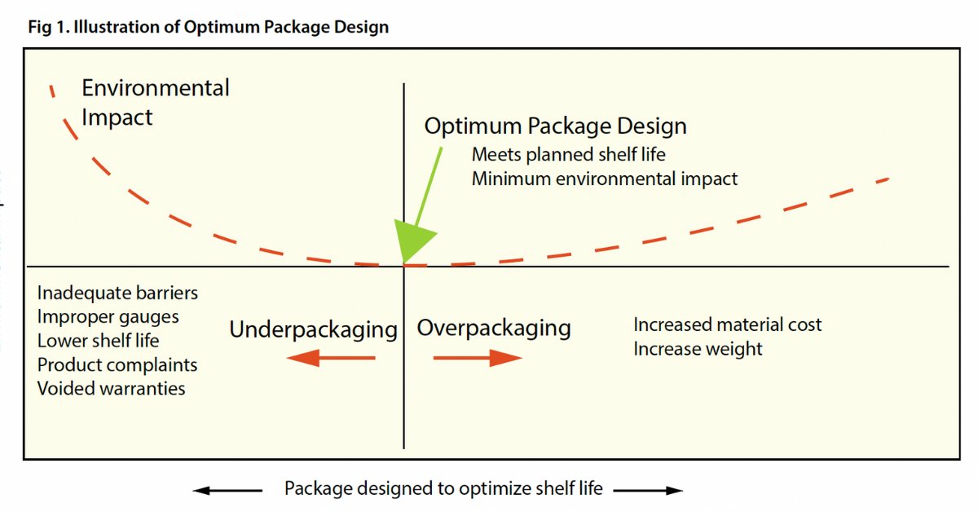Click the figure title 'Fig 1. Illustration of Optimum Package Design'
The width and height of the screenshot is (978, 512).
[x=208, y=27]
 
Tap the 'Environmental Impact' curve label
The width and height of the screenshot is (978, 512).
[x=155, y=102]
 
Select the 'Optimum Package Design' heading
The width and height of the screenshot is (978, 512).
[x=555, y=126]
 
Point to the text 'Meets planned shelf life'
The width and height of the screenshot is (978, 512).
[x=568, y=154]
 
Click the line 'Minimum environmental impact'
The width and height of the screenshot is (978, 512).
[x=604, y=179]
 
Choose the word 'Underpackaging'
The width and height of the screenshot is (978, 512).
[x=313, y=329]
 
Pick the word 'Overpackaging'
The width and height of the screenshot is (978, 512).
[x=494, y=328]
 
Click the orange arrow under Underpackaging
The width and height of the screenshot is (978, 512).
[x=331, y=357]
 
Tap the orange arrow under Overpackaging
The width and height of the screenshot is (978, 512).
[x=478, y=357]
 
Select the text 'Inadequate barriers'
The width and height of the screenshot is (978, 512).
[x=117, y=293]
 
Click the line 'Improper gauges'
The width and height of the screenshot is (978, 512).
[x=108, y=316]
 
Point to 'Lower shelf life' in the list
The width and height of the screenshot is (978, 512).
[x=98, y=340]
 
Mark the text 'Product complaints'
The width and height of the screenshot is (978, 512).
[x=117, y=364]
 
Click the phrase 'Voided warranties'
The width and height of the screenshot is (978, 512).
[x=111, y=388]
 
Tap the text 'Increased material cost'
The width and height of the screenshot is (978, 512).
[x=727, y=324]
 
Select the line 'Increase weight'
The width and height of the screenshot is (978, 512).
[x=698, y=349]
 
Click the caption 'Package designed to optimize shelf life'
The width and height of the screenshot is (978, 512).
[x=443, y=489]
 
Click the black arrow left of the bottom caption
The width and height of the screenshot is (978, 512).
[x=228, y=490]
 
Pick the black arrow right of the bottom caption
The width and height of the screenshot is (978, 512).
[x=648, y=490]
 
